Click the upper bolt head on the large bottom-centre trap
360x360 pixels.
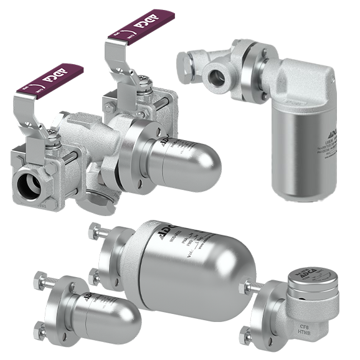click(x=96, y=229)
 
